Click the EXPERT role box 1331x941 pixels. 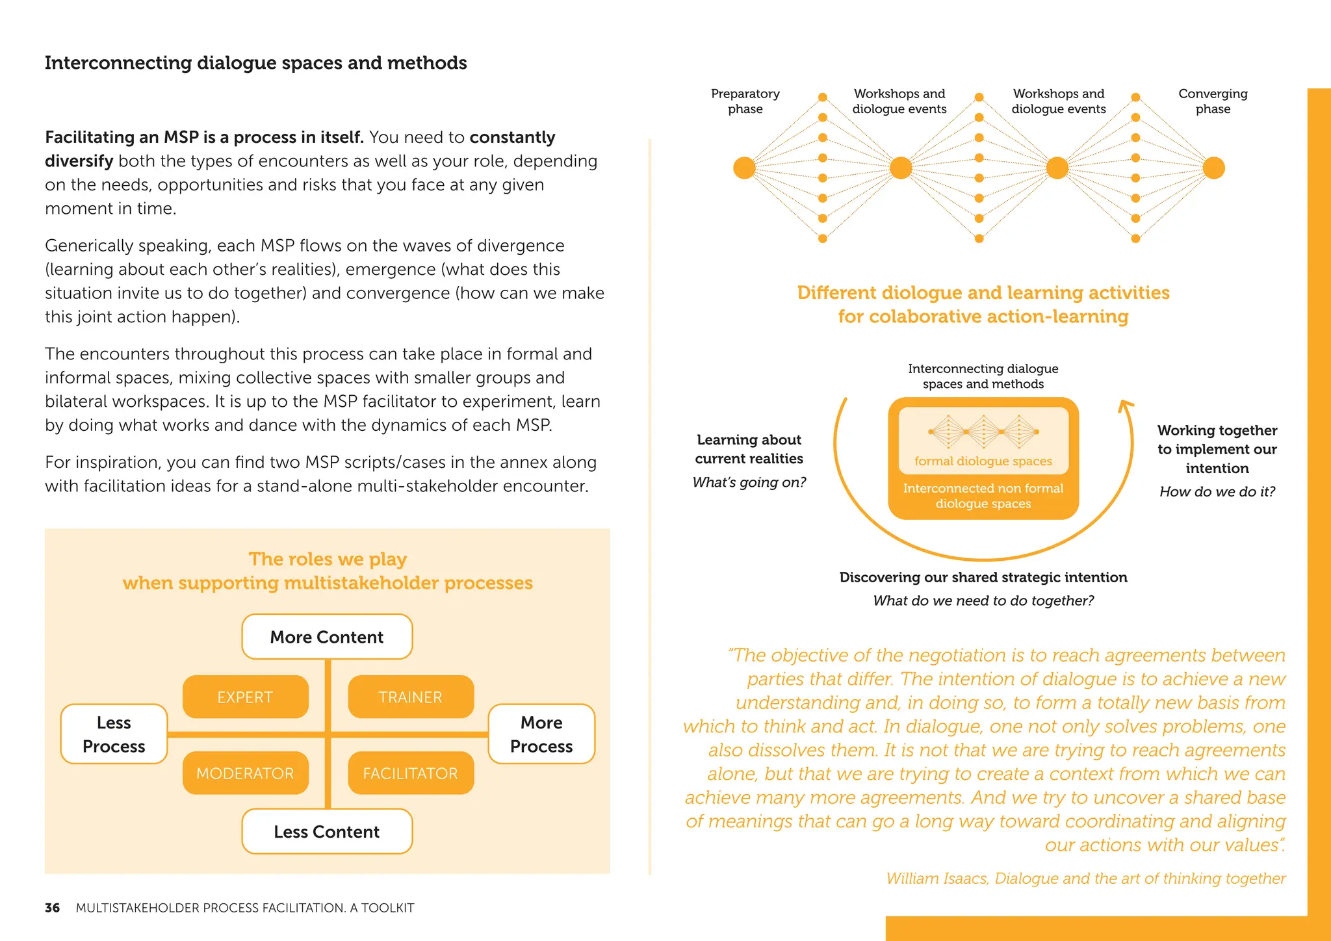(245, 697)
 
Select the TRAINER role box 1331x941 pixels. (410, 697)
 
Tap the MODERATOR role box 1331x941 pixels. (245, 773)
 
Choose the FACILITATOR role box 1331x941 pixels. (410, 773)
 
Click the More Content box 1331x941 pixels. (327, 637)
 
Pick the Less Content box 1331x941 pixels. (327, 831)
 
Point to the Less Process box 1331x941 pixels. (114, 734)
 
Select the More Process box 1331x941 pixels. (541, 734)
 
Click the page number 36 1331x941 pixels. (52, 908)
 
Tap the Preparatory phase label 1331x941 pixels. (745, 101)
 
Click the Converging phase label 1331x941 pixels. (1213, 101)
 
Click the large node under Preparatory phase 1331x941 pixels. (744, 168)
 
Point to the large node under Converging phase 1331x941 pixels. (1213, 168)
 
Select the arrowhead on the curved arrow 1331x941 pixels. (1126, 406)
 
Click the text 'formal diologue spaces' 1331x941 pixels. (983, 461)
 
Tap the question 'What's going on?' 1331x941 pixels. (749, 482)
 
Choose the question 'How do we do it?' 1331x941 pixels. (1217, 491)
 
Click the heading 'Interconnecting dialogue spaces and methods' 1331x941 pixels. (255, 63)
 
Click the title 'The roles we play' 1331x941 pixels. (328, 559)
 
